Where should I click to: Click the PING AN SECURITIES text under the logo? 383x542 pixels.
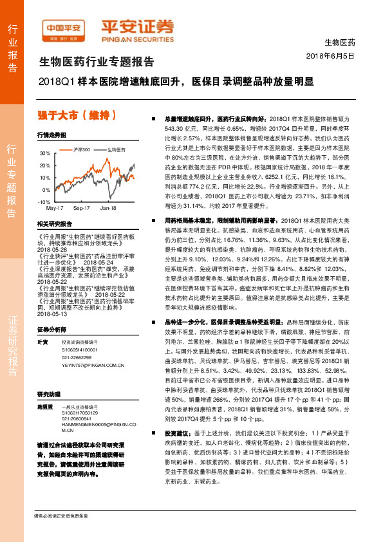(137, 38)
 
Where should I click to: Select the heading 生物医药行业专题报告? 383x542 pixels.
(97, 62)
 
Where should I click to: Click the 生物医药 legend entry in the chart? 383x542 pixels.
(115, 149)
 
